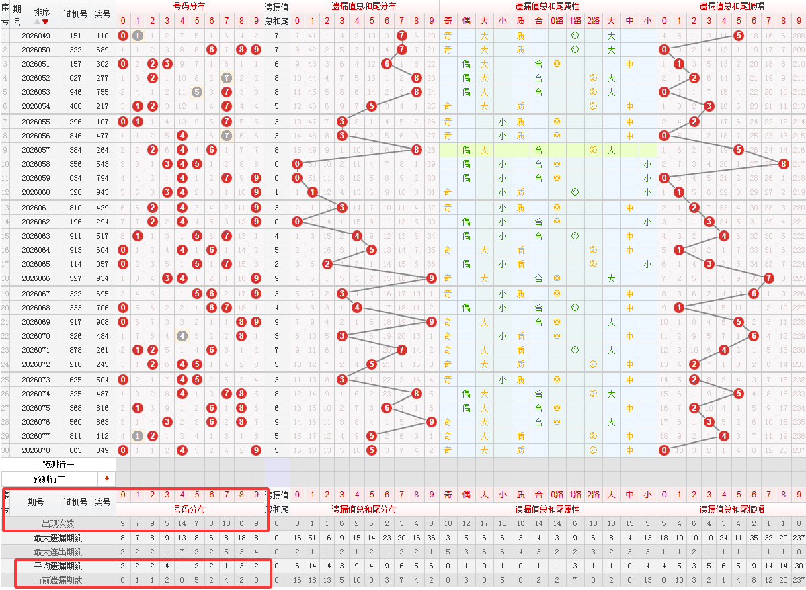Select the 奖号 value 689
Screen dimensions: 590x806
pos(102,50)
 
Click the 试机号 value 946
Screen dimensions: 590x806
pos(75,92)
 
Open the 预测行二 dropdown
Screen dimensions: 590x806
pos(106,478)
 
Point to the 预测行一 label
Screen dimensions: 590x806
pos(58,464)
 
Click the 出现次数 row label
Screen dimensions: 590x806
pos(58,523)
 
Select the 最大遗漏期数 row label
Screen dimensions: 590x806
pos(58,538)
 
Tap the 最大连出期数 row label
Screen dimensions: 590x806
pos(58,552)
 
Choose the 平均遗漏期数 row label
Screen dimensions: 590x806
pos(58,566)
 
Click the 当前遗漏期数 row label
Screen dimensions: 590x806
pos(58,580)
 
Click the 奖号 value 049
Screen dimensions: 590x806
pos(102,450)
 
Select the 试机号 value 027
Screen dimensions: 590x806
pos(75,78)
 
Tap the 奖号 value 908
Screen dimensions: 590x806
pos(102,321)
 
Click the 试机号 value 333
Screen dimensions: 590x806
pos(75,307)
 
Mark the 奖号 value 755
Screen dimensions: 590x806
pos(102,92)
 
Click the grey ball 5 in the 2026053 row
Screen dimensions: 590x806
pos(196,92)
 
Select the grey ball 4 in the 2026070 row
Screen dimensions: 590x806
pos(182,335)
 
